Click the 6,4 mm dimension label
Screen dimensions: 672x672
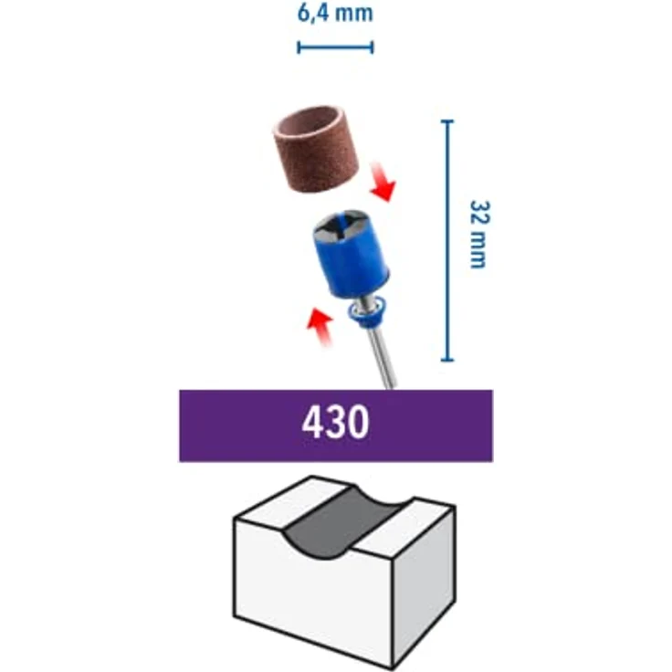(x=335, y=13)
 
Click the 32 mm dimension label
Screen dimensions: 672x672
(x=478, y=234)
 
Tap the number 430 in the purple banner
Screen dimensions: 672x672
(x=335, y=423)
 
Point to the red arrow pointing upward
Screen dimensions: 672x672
(x=320, y=326)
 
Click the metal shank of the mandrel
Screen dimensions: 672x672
(x=381, y=356)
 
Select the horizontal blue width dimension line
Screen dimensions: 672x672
(x=335, y=47)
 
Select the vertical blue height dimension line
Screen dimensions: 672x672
(x=447, y=240)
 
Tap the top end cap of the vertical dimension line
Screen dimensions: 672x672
(x=447, y=121)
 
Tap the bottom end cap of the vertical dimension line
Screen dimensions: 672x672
(x=447, y=360)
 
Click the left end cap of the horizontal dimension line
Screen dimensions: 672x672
(x=299, y=47)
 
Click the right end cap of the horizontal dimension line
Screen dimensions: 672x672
(x=372, y=47)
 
